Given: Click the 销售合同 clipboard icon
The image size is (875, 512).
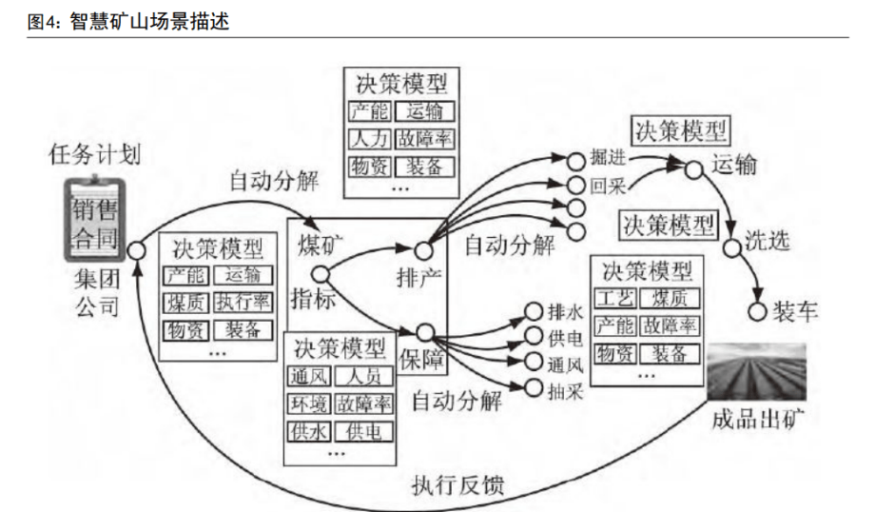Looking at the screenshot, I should coord(94,220).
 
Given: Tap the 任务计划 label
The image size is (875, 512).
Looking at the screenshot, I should coord(95,156).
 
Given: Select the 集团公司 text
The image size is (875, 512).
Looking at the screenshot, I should coord(97,293).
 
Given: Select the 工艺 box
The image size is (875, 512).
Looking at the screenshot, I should coord(613,299).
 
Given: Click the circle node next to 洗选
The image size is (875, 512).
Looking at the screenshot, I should coord(730,248).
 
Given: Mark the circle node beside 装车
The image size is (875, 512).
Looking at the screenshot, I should coord(758,312).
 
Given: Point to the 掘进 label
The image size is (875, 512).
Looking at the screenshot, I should coord(608,158).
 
